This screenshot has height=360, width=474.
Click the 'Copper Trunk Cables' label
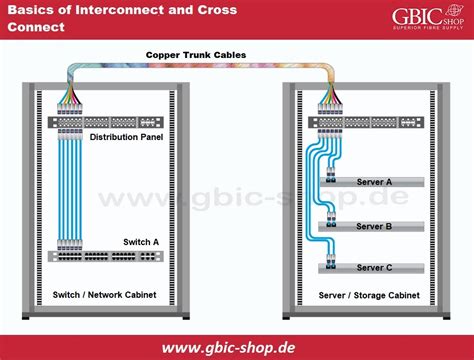click(x=196, y=55)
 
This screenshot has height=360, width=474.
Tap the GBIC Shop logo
click(x=428, y=18)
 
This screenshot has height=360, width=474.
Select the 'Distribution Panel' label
click(x=126, y=137)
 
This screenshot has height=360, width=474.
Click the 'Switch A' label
click(x=141, y=242)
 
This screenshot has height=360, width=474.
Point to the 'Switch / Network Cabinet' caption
click(x=104, y=295)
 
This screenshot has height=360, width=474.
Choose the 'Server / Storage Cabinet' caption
click(x=369, y=295)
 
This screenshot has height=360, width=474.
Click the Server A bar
click(x=372, y=182)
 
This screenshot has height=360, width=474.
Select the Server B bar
click(x=371, y=227)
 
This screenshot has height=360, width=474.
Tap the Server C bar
click(x=371, y=268)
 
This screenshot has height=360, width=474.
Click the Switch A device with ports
click(x=106, y=256)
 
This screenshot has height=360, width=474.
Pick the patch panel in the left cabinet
click(x=106, y=122)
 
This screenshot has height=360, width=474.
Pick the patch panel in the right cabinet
click(x=366, y=122)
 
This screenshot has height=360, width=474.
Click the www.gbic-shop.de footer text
click(x=229, y=348)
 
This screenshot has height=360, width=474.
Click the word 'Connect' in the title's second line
click(x=36, y=27)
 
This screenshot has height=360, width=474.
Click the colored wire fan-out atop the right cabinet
click(x=330, y=95)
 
